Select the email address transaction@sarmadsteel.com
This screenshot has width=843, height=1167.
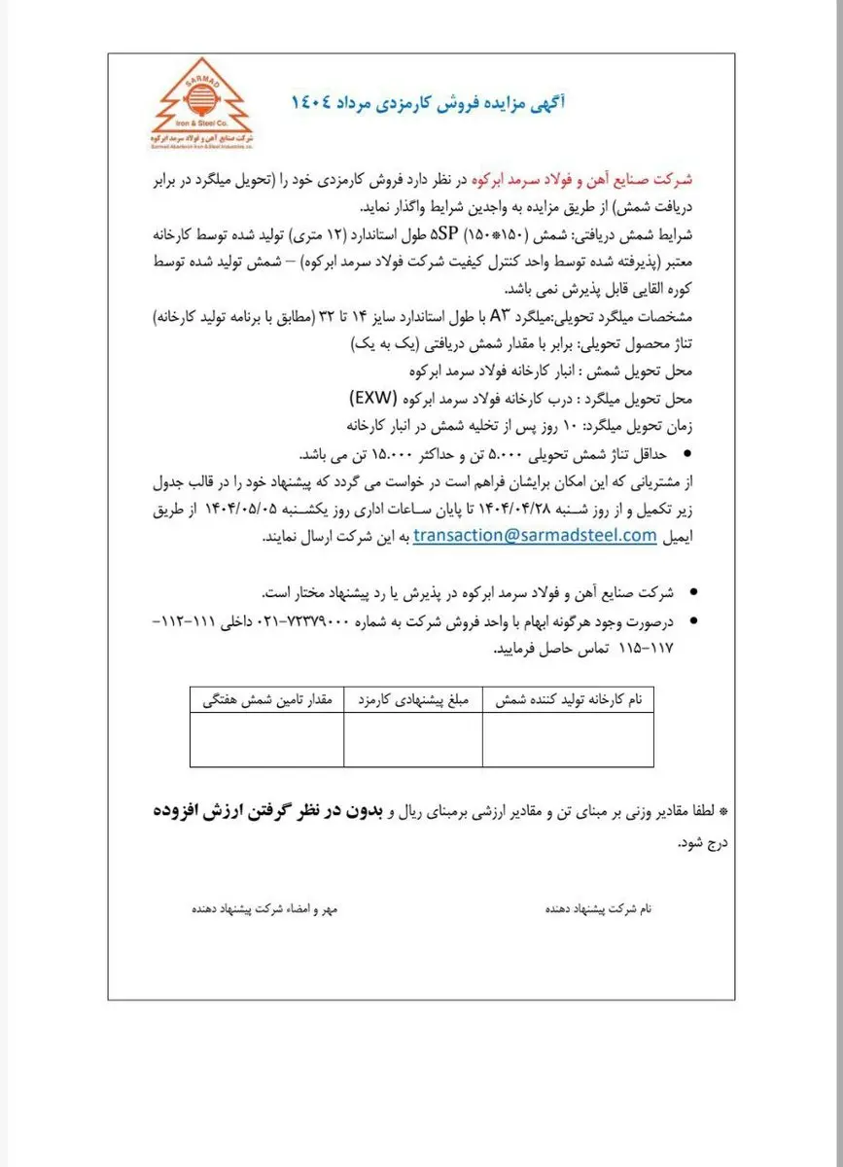click(535, 535)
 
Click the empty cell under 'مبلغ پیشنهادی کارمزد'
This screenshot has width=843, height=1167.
click(413, 740)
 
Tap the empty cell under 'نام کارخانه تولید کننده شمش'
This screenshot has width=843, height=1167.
click(568, 740)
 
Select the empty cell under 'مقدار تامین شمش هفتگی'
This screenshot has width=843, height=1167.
click(266, 740)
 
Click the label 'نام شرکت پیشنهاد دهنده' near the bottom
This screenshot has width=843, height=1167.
click(598, 908)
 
